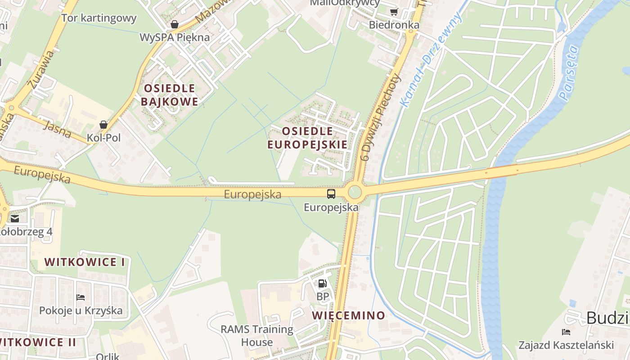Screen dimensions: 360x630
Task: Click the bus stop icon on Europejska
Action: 331,194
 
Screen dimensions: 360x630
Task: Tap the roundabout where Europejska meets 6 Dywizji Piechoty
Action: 355,193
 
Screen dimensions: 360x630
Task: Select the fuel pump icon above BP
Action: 322,283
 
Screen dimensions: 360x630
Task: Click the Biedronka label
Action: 394,25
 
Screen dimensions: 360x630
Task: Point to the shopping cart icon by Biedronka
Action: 394,12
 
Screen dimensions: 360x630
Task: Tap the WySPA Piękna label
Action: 175,37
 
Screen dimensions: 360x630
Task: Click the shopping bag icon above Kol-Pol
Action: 103,125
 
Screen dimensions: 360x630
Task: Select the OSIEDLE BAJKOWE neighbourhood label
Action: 169,94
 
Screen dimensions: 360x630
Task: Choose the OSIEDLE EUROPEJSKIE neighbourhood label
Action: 307,138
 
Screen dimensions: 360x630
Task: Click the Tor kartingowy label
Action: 99,18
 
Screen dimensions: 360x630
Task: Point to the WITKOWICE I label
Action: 85,262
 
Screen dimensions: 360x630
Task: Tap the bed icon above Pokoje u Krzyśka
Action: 81,297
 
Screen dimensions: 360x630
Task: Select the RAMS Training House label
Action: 256,336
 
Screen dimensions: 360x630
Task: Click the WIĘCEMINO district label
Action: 348,315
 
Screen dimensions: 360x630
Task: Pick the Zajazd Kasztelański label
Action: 566,345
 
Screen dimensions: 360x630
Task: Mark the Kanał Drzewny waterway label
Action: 431,60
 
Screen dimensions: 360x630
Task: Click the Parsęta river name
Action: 569,72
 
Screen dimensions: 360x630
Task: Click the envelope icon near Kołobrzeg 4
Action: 15,219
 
